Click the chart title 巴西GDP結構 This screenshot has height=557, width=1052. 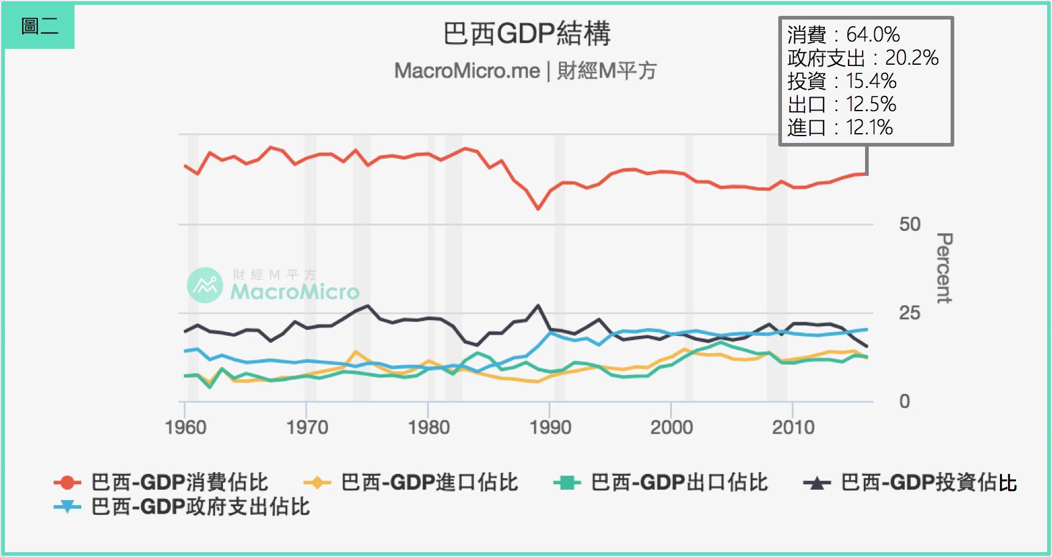click(x=526, y=34)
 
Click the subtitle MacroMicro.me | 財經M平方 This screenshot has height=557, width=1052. click(x=525, y=71)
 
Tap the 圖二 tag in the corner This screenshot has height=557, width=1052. click(x=39, y=26)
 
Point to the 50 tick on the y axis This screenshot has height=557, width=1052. click(x=909, y=224)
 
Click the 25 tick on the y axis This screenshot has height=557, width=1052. click(x=909, y=313)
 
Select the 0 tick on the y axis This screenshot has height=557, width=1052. click(x=904, y=401)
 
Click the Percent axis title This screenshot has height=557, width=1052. click(x=944, y=268)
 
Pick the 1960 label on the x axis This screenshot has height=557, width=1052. click(x=186, y=427)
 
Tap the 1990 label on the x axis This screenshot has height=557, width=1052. click(x=550, y=427)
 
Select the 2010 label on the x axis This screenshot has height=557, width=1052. click(x=793, y=427)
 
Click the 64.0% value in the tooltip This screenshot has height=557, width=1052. click(x=872, y=35)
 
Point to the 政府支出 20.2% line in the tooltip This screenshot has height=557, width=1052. click(x=863, y=58)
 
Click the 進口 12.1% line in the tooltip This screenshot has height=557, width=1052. click(x=840, y=128)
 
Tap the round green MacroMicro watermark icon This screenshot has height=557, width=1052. click(x=205, y=285)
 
